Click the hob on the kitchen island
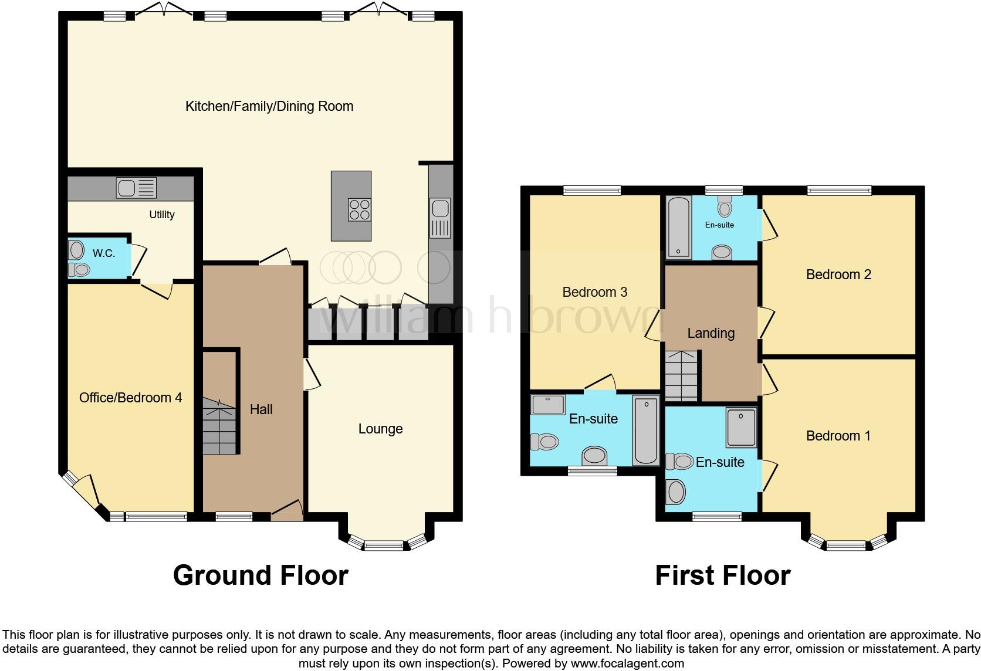pos(359,210)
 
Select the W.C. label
pos(104,253)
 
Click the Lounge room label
pos(380,429)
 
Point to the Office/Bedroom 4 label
pos(130,398)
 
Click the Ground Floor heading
pos(261,575)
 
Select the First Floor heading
pos(722,575)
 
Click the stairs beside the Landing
pos(682,375)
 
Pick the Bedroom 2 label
pos(838,274)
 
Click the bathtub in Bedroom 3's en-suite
pos(646,430)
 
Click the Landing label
pos(711,333)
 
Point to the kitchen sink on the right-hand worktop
pos(440,218)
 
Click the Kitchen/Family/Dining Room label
pos(269,106)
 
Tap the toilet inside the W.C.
pos(79,269)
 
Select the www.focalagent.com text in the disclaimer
pos(627,663)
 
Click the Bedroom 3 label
pos(594,292)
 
